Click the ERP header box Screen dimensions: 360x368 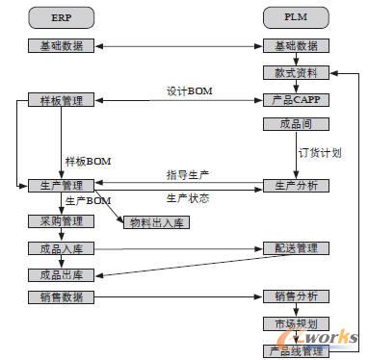coord(61,18)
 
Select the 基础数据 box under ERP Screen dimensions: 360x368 coord(61,46)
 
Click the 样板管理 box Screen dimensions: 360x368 coord(61,100)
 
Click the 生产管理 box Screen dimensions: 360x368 coord(61,185)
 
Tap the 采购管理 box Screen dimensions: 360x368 coord(61,221)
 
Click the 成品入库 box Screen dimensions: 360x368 coord(61,248)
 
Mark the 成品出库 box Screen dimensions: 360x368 coord(61,274)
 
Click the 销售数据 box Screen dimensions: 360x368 coord(61,297)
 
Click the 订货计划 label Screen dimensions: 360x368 coord(321,153)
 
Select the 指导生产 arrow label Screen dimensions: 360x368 coord(187,174)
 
